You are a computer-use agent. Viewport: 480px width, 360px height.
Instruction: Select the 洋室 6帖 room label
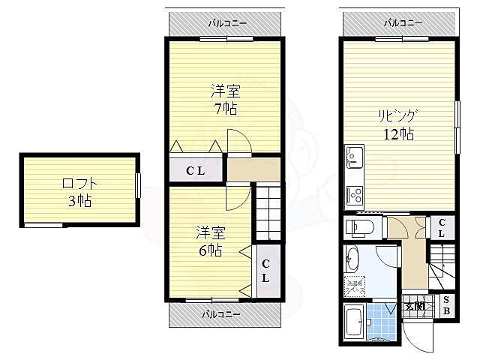pyautogui.click(x=211, y=241)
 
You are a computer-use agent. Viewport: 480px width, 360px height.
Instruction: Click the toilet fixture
pyautogui.click(x=359, y=226)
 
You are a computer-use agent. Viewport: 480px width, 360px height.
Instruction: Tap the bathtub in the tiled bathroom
pyautogui.click(x=354, y=323)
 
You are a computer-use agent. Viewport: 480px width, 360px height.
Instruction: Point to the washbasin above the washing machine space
pyautogui.click(x=352, y=261)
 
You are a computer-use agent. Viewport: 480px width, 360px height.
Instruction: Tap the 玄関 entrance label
pyautogui.click(x=415, y=305)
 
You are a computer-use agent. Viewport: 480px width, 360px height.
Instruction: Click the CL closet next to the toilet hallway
pyautogui.click(x=442, y=227)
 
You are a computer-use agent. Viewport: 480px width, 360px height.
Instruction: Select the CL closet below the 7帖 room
pyautogui.click(x=196, y=171)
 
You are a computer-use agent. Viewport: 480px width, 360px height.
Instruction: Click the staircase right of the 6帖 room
pyautogui.click(x=267, y=212)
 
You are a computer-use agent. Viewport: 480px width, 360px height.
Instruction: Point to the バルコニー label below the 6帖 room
pyautogui.click(x=222, y=314)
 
